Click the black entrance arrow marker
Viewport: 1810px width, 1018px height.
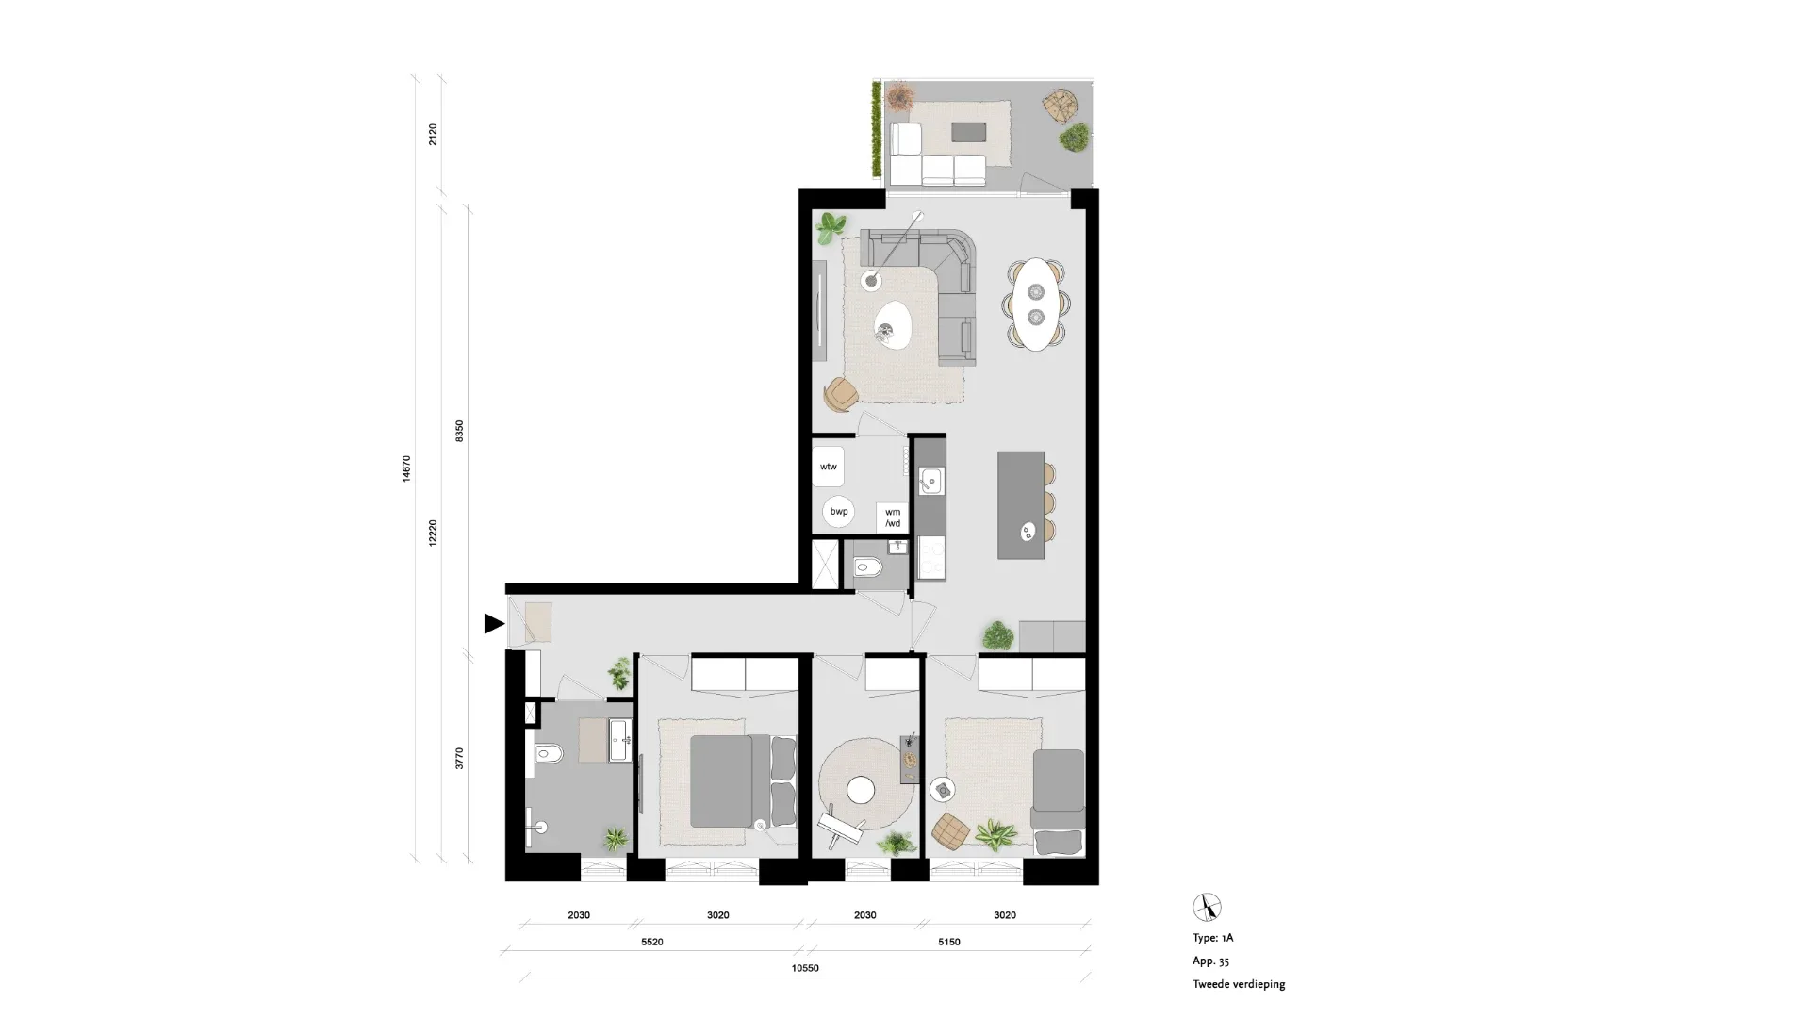click(x=493, y=623)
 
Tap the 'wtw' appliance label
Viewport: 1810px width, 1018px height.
click(x=829, y=467)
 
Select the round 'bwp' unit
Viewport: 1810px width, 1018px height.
click(x=839, y=512)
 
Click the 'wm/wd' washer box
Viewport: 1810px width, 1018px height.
click(x=892, y=517)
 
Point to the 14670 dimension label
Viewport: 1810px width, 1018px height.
click(x=406, y=468)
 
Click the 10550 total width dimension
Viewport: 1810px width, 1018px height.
click(x=805, y=968)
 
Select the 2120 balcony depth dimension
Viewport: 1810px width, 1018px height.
click(x=433, y=134)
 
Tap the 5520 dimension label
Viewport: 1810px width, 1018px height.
click(x=652, y=942)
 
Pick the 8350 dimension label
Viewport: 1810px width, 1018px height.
click(x=459, y=432)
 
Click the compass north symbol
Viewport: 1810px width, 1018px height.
click(x=1207, y=907)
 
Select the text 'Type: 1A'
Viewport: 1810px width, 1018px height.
click(x=1212, y=938)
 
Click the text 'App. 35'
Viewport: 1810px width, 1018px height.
click(x=1210, y=961)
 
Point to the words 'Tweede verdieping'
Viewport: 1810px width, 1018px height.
click(x=1239, y=984)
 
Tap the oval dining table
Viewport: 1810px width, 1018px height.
click(x=1037, y=304)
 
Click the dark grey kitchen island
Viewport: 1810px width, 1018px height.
click(x=1021, y=504)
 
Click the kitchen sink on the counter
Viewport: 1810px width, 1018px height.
click(x=930, y=482)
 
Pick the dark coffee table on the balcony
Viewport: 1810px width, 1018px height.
click(x=968, y=131)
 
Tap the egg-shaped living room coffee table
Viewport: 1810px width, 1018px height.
click(x=892, y=325)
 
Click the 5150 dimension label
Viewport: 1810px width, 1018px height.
click(x=948, y=942)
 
